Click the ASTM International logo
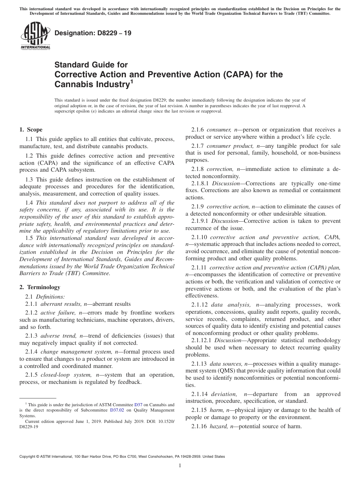35,36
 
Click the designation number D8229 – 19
93,33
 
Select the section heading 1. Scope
31,130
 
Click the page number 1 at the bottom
180,466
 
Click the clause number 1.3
29,180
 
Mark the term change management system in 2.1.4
72,352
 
